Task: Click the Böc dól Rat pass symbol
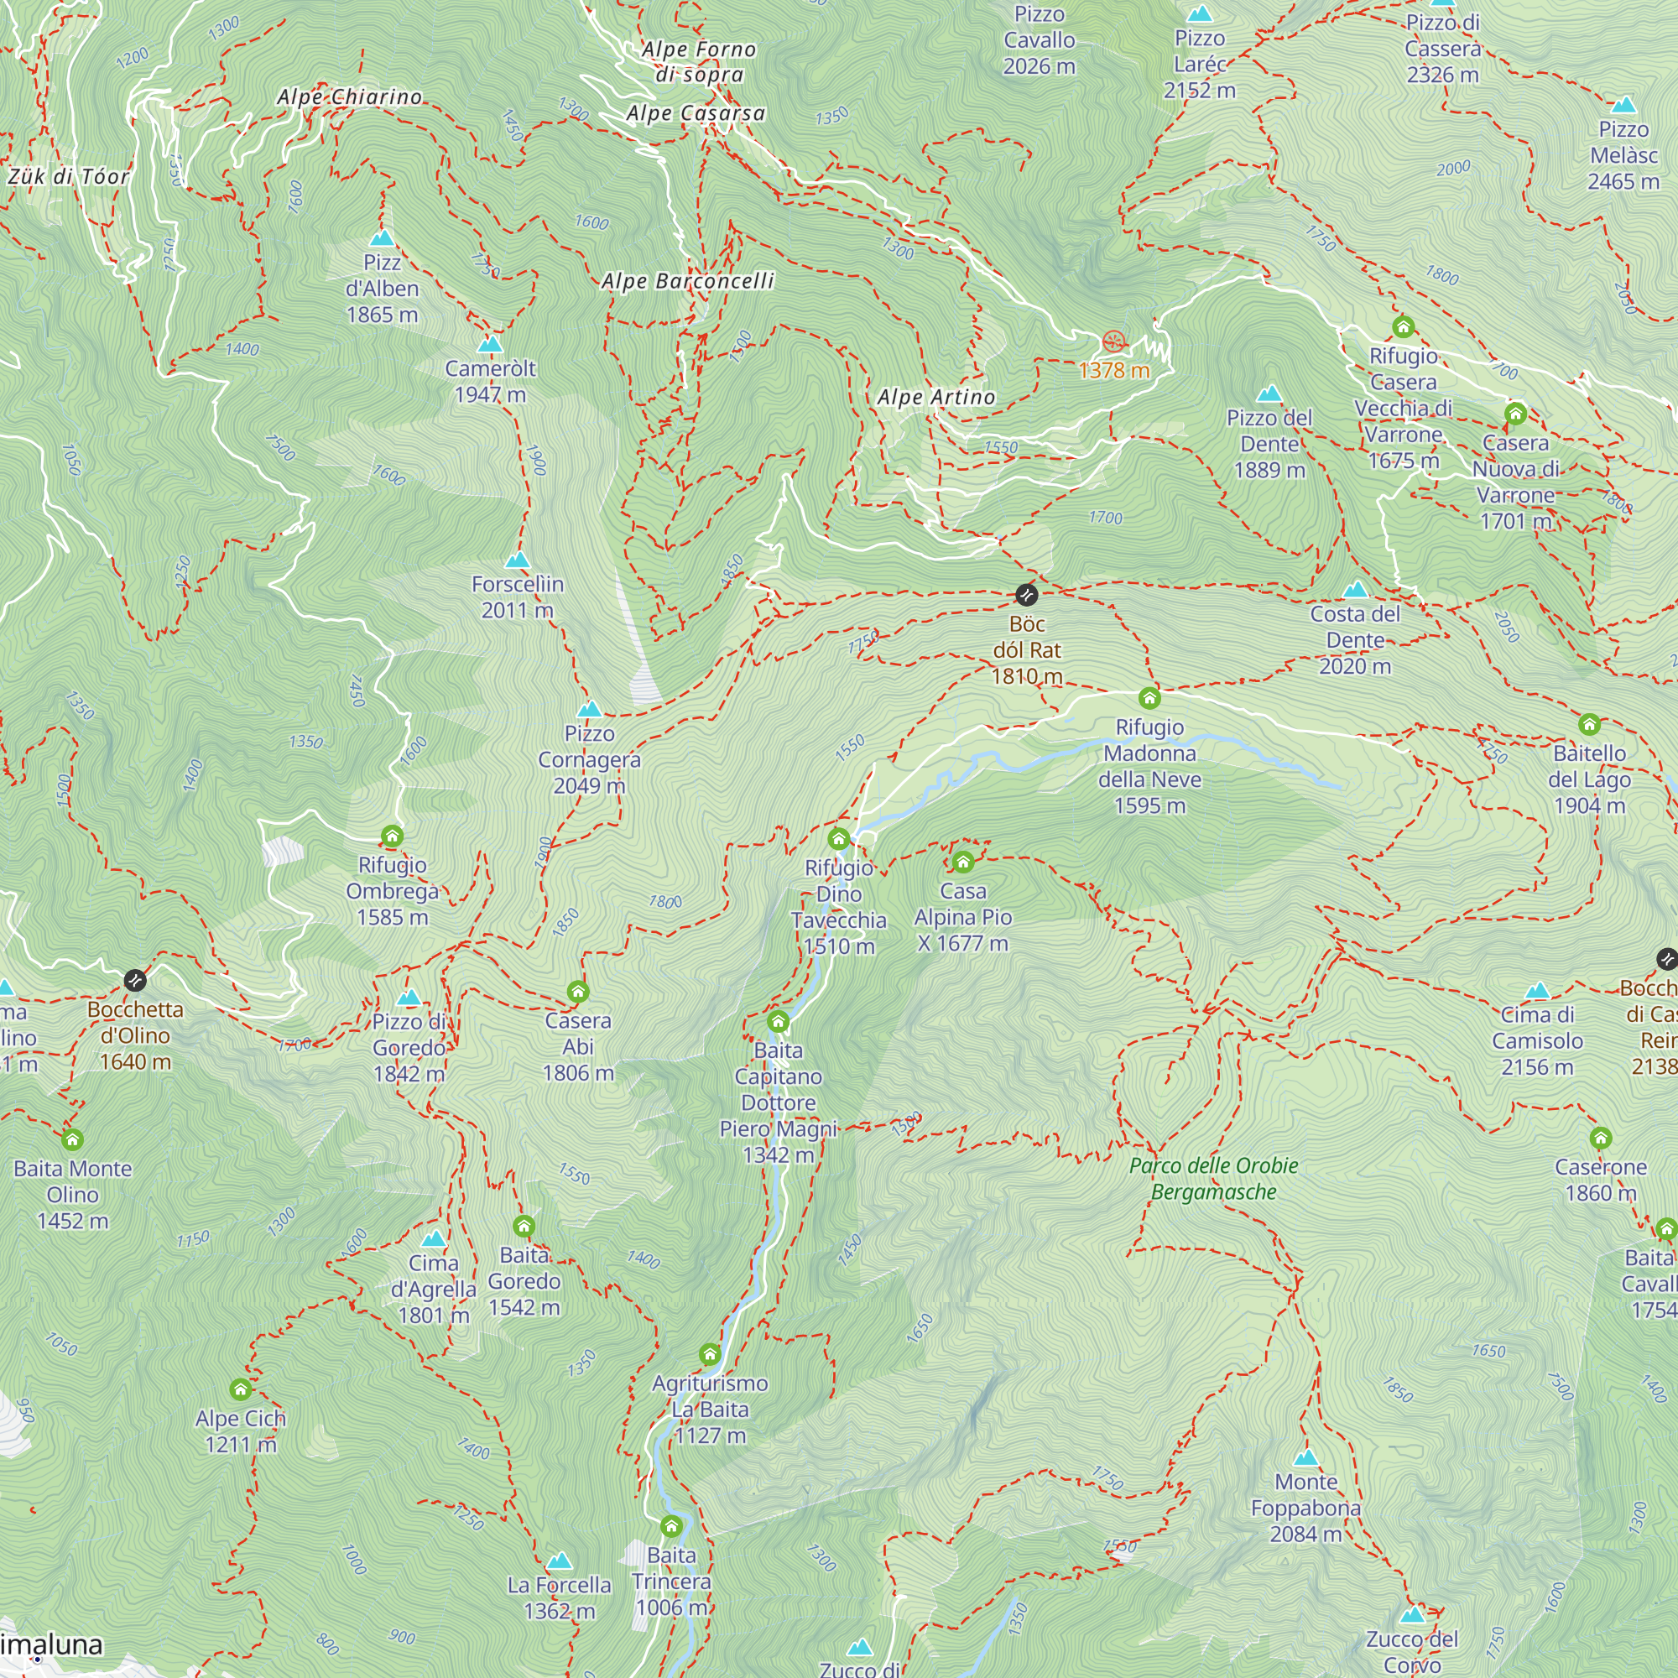click(x=1027, y=595)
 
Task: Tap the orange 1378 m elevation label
click(x=1113, y=371)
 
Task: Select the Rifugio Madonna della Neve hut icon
click(x=1149, y=698)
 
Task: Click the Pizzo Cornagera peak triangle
click(x=590, y=710)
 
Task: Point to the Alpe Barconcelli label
click(x=687, y=281)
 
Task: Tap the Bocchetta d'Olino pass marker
click(x=134, y=981)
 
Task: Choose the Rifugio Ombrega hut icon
click(x=392, y=836)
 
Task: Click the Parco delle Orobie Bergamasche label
click(x=1213, y=1179)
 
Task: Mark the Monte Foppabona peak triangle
click(x=1305, y=1458)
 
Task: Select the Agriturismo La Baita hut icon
click(x=710, y=1355)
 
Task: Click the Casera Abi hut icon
click(x=577, y=992)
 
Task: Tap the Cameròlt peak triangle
click(x=490, y=345)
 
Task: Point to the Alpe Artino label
click(x=936, y=398)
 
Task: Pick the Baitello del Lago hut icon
click(x=1588, y=724)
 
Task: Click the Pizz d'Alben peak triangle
click(x=381, y=239)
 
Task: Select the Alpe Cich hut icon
click(x=241, y=1389)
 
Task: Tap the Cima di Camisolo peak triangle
click(x=1537, y=991)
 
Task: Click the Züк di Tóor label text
click(x=69, y=177)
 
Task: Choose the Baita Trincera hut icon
click(x=671, y=1527)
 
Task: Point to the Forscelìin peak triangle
click(x=518, y=560)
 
